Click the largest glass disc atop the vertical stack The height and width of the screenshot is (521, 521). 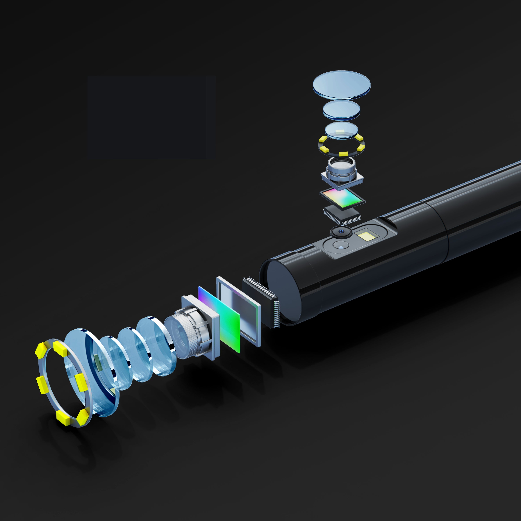click(341, 84)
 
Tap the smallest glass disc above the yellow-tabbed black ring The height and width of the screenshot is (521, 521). click(341, 130)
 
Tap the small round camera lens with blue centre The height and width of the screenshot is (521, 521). click(341, 231)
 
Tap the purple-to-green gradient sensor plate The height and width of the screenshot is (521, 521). click(219, 318)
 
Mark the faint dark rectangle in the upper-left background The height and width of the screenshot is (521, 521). click(151, 117)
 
